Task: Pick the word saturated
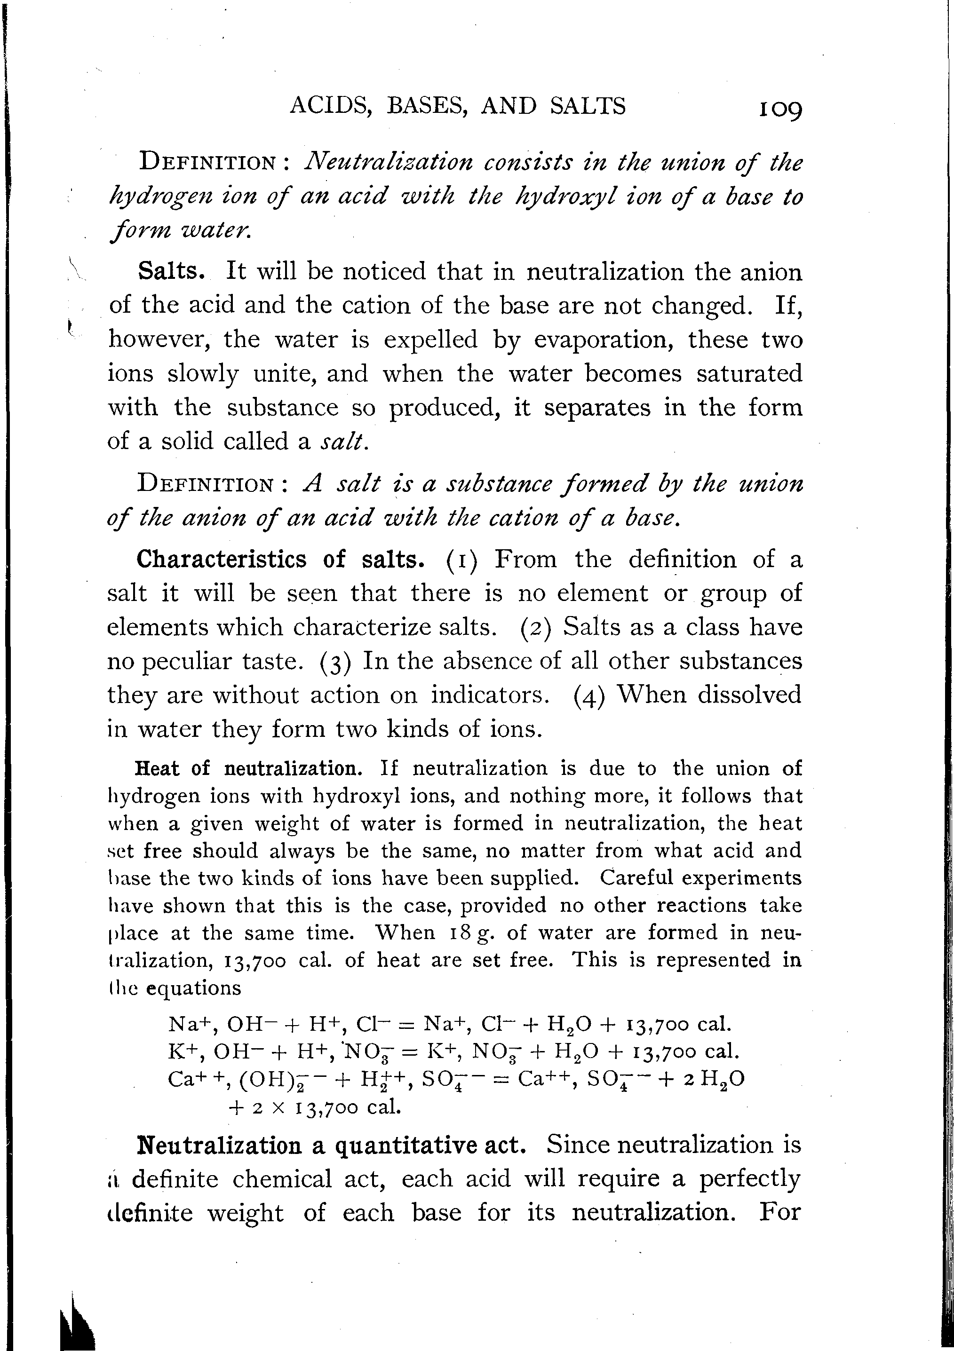point(749,374)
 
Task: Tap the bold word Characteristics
point(222,559)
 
